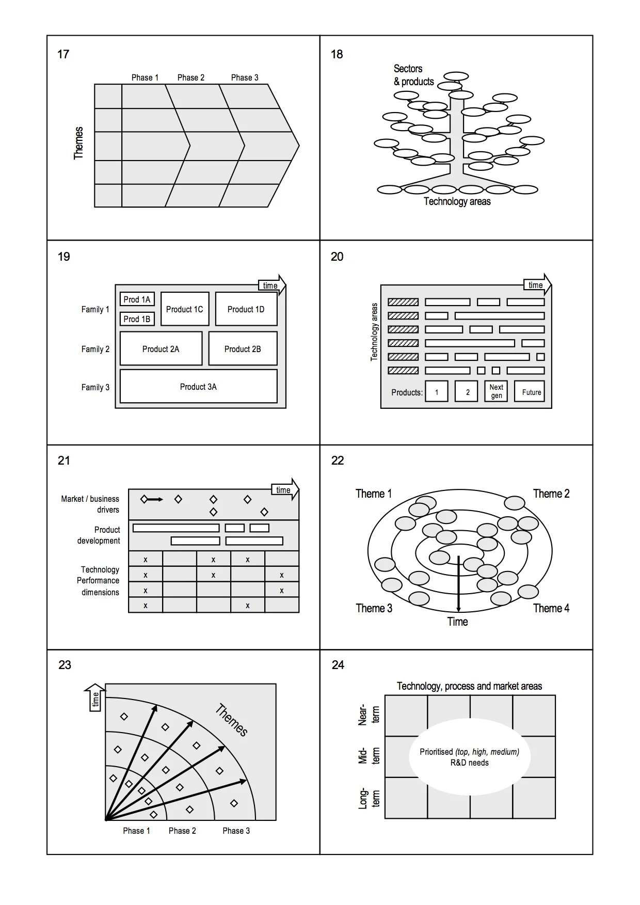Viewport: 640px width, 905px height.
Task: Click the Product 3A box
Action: coord(198,387)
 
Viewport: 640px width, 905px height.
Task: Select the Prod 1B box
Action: coord(137,319)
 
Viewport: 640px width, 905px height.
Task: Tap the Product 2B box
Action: coord(243,349)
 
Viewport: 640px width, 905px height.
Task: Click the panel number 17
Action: coord(63,54)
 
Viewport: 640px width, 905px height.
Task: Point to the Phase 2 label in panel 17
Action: coord(190,77)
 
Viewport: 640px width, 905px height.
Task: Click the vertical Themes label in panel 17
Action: coord(78,143)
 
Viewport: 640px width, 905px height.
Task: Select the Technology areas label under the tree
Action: coord(457,201)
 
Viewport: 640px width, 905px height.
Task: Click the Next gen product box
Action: coord(496,391)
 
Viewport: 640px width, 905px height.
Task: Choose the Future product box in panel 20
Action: coord(531,392)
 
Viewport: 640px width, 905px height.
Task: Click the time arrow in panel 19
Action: coord(271,285)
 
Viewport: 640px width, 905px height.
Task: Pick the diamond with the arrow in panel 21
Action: coord(145,499)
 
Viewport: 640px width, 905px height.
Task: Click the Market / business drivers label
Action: coord(90,504)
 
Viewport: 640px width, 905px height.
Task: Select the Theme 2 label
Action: coord(551,494)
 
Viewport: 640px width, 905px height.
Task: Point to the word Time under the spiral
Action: coord(457,622)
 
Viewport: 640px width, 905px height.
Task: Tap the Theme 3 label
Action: coord(374,608)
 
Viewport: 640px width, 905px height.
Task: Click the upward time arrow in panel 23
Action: coord(95,697)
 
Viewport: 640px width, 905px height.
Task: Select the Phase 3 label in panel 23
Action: coord(236,831)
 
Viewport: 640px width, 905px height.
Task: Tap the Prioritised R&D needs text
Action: coord(469,757)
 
